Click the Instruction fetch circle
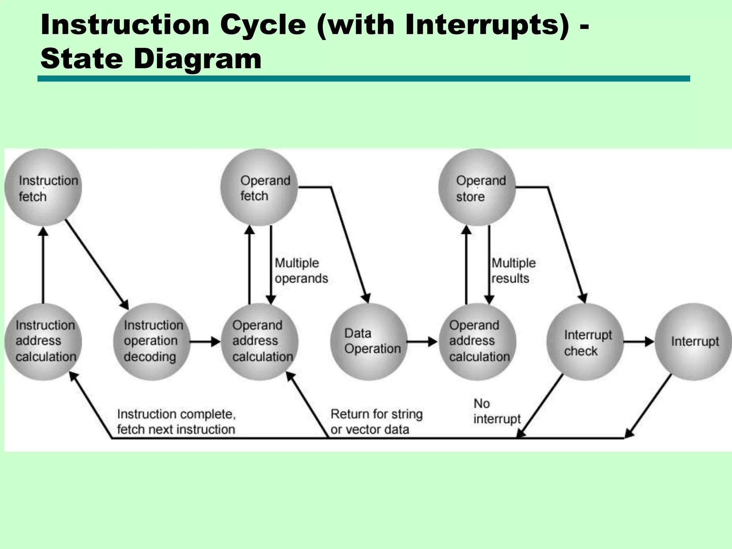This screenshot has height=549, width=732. (x=43, y=188)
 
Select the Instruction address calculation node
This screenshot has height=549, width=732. (x=43, y=341)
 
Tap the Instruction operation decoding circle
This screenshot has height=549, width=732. (x=152, y=341)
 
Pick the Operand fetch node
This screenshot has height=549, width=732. (x=259, y=188)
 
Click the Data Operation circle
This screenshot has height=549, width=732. (x=369, y=341)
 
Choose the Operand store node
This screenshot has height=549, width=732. (x=477, y=188)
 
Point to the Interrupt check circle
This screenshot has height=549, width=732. (x=585, y=342)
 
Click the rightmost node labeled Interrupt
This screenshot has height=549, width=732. (x=693, y=341)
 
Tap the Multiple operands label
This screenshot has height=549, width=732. (x=301, y=271)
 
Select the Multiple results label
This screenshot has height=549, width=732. (x=513, y=271)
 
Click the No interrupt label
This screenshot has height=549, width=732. (x=497, y=411)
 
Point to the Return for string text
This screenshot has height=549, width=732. (x=376, y=414)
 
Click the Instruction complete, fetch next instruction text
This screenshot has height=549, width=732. (x=176, y=422)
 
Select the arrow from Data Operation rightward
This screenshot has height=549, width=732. (x=422, y=342)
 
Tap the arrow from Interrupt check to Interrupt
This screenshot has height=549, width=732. (x=639, y=342)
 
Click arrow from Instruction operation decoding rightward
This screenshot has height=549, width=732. (x=205, y=342)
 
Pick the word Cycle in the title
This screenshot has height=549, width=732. (x=263, y=25)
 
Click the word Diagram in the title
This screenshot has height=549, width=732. (x=197, y=59)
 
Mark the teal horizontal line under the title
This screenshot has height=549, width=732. (x=363, y=79)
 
